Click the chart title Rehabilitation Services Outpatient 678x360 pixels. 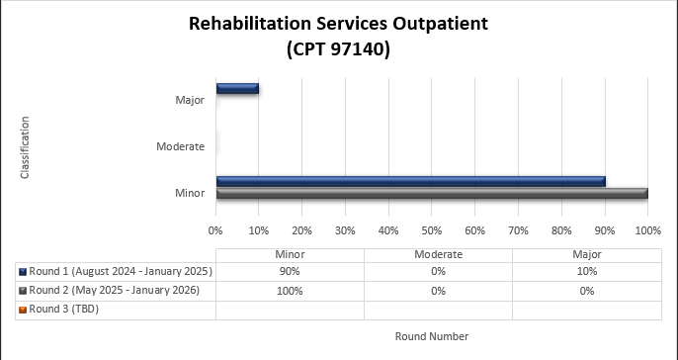click(339, 24)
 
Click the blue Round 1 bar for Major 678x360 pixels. click(237, 88)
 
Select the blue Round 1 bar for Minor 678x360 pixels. click(410, 181)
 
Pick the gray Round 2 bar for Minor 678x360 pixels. click(432, 193)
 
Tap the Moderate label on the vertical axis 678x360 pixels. click(180, 146)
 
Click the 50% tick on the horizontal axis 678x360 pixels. click(432, 229)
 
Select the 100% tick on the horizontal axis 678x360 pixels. click(647, 229)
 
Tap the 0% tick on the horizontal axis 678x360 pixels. click(216, 229)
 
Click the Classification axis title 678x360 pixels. click(25, 147)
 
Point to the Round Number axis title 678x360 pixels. click(432, 336)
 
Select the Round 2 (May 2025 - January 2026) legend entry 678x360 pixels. click(115, 290)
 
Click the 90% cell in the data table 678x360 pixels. click(290, 271)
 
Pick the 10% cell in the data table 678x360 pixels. click(586, 271)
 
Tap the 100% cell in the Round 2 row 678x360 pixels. click(290, 290)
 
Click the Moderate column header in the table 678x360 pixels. click(438, 254)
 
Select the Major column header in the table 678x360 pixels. click(586, 254)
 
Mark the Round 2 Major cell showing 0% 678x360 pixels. click(586, 290)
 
